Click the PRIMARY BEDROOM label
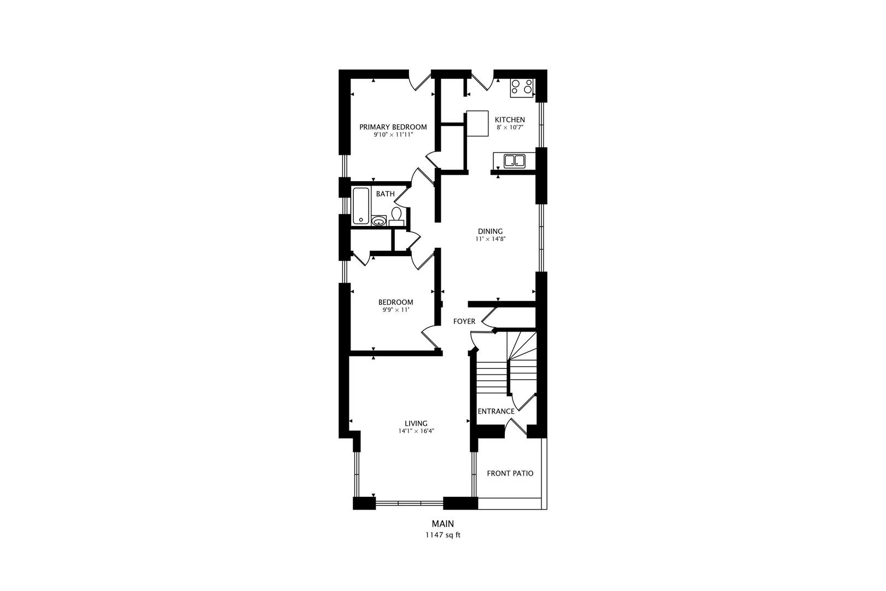tap(393, 127)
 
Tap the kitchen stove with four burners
tap(522, 88)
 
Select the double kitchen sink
tap(514, 161)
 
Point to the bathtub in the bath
tap(361, 206)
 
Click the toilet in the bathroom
tap(396, 216)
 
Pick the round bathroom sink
tap(379, 221)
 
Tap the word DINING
tap(490, 231)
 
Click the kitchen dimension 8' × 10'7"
tap(510, 128)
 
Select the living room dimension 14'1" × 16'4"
tap(416, 431)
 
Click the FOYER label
tap(464, 321)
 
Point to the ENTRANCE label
tap(496, 412)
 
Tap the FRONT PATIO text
tap(510, 473)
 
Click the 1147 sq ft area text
tap(443, 535)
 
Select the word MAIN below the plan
tap(442, 524)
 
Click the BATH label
tap(385, 194)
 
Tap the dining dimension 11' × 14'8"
tap(491, 239)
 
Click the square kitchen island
tap(477, 124)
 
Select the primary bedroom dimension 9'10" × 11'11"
tap(393, 135)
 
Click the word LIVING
tap(416, 424)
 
